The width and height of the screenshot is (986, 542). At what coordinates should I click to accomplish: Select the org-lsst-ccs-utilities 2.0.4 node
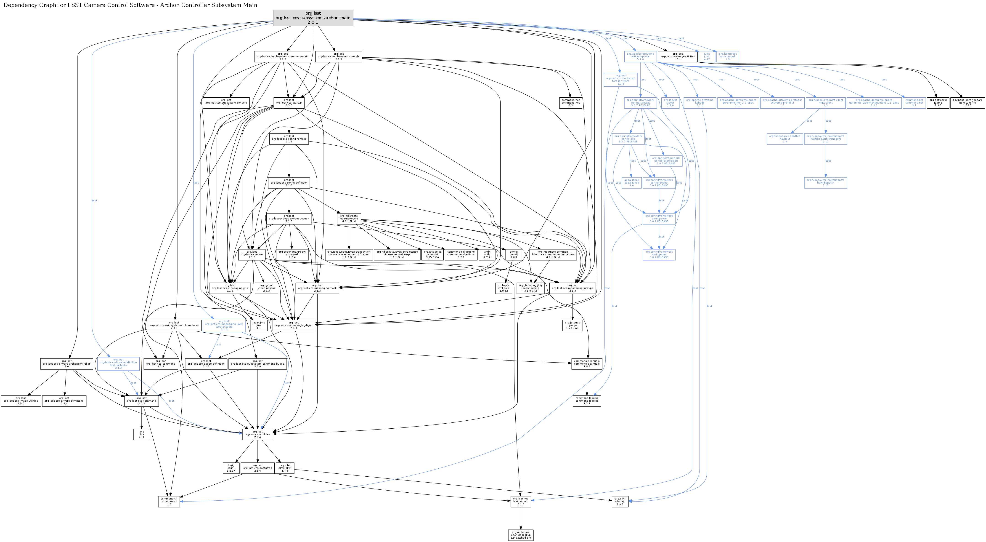258,434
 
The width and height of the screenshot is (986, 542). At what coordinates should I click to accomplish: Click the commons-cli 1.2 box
169,501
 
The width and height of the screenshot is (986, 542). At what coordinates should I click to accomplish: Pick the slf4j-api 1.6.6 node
620,501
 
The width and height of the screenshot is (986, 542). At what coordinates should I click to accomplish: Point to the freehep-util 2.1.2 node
521,501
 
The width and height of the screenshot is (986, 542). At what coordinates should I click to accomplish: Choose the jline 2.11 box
141,434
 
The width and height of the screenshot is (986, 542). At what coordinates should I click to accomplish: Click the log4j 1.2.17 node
231,468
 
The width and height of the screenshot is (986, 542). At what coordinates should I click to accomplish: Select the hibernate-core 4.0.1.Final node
349,219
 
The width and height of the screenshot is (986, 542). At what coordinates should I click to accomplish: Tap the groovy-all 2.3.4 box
292,255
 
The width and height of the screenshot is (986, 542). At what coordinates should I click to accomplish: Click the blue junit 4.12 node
707,57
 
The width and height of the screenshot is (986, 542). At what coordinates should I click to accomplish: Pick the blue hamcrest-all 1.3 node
727,57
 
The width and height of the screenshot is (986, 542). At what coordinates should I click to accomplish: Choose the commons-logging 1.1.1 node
587,401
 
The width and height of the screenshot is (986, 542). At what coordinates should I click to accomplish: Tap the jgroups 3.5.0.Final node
573,326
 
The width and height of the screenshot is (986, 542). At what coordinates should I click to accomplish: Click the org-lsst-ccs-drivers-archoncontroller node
67,364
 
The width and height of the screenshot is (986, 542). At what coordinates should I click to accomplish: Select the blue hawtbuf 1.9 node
785,139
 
